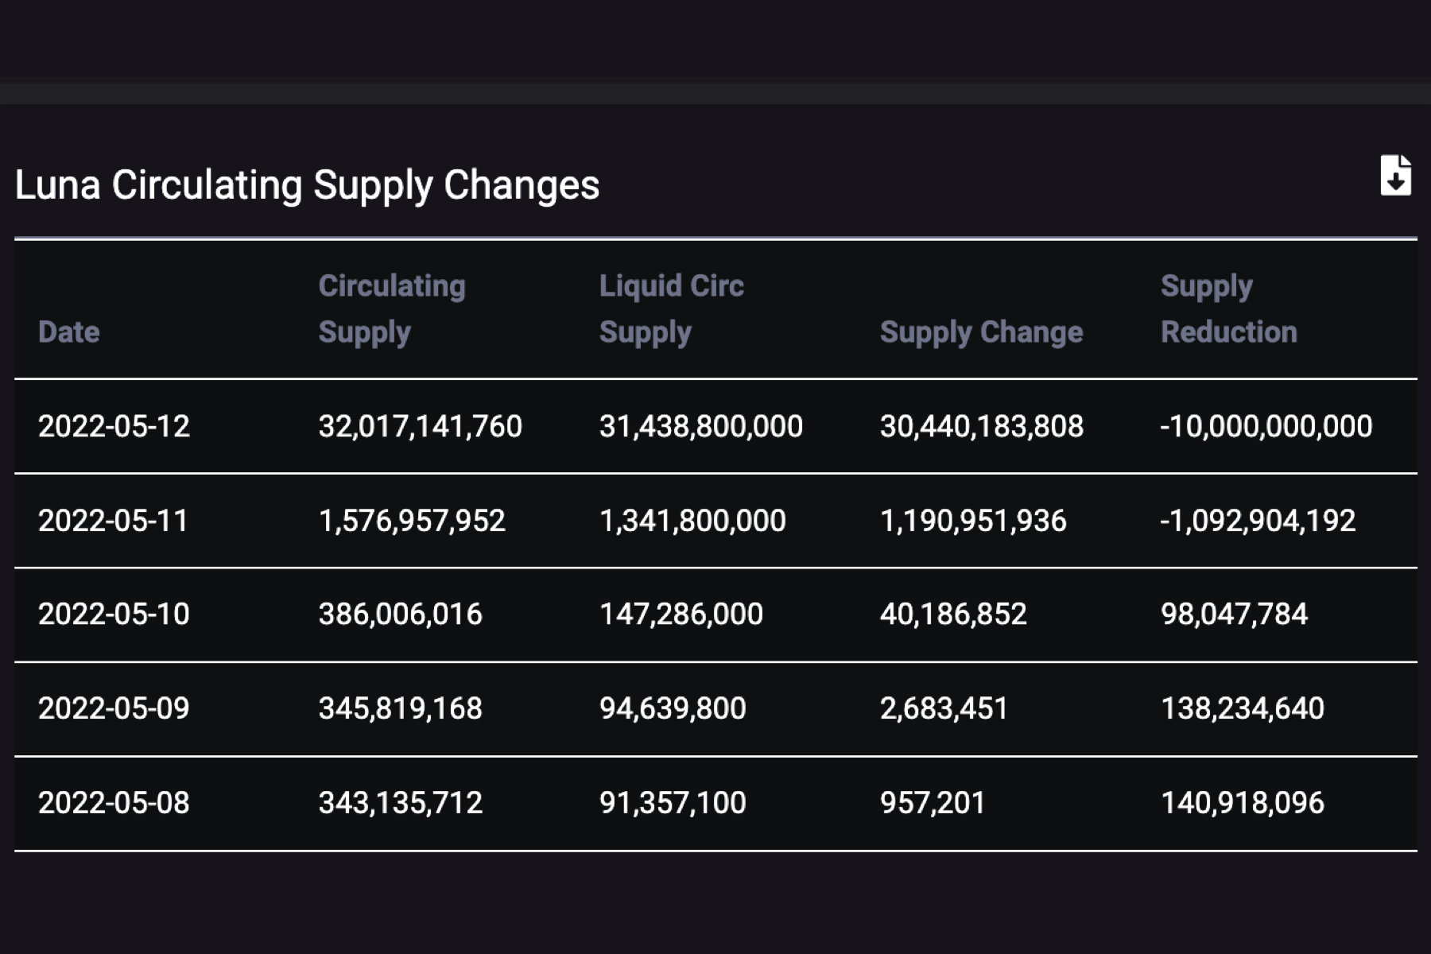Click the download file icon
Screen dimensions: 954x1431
coord(1395,176)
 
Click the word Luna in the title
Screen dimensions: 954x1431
coord(57,185)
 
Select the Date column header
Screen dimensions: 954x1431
coord(69,332)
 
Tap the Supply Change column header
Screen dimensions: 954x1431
coord(981,332)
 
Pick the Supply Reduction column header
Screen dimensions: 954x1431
coord(1228,309)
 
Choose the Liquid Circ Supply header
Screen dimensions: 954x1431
coord(671,309)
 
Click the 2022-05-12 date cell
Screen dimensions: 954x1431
coord(114,427)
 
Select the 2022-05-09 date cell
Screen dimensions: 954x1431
coord(114,708)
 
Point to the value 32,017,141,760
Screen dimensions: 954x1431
coord(420,427)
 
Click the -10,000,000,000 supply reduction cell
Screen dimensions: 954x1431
coord(1266,427)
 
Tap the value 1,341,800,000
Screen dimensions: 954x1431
coord(692,521)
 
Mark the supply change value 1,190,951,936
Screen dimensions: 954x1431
coord(972,521)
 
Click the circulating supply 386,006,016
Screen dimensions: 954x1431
coord(400,615)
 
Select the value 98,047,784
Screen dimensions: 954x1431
coord(1234,615)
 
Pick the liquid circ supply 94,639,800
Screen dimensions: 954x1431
coord(672,708)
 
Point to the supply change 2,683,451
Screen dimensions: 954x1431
coord(944,708)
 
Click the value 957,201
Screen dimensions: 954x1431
coord(932,803)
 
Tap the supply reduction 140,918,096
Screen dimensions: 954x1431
coord(1242,803)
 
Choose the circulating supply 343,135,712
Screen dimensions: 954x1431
coord(400,803)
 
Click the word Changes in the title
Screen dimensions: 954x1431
coord(521,185)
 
